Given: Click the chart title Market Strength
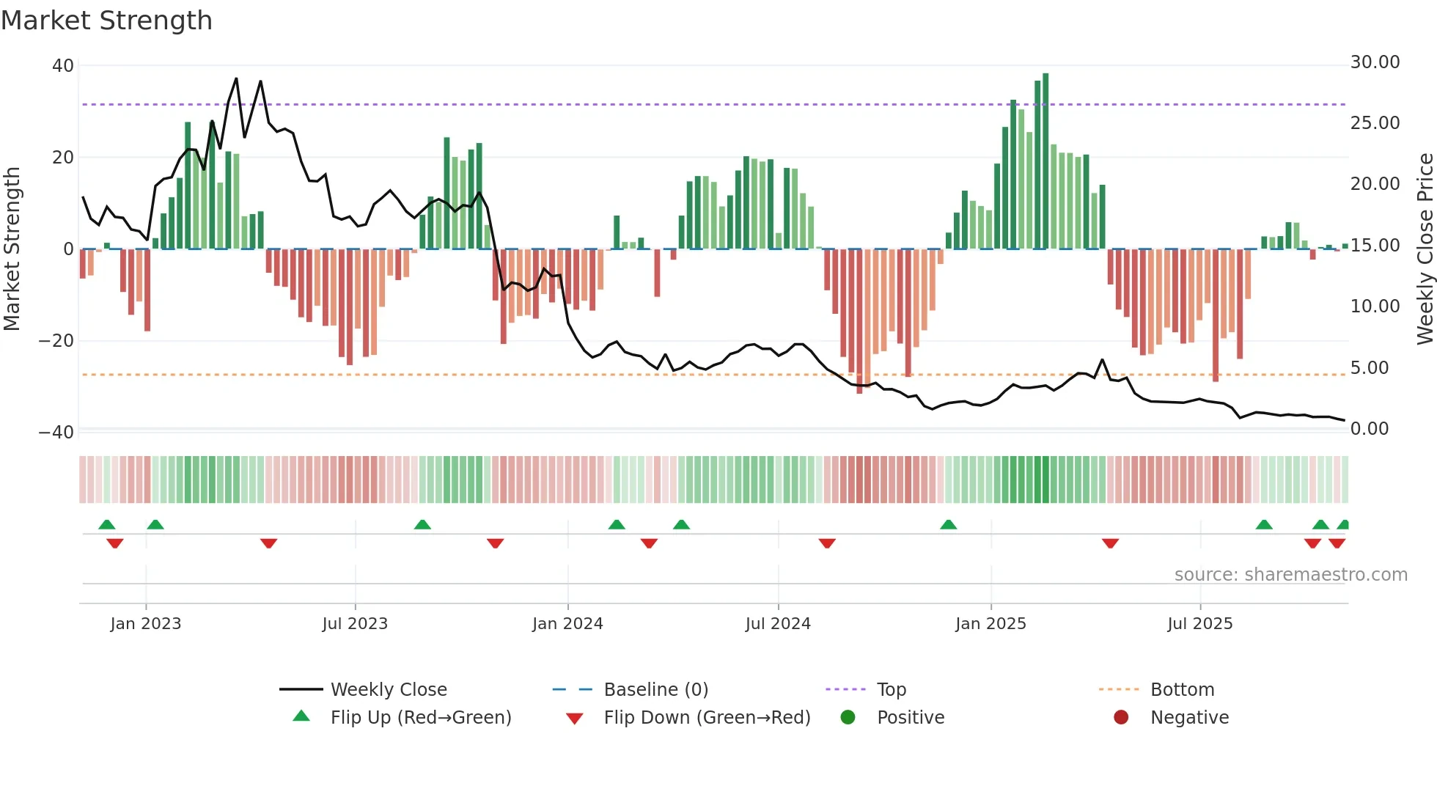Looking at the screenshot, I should [106, 21].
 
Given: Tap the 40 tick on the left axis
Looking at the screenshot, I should [63, 66].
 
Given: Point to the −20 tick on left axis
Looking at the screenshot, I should [56, 341].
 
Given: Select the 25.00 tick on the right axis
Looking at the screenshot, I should [1375, 123].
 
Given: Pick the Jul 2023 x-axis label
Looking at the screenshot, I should [355, 624].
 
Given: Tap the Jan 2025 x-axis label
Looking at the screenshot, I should [991, 624].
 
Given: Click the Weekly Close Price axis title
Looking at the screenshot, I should [1425, 249].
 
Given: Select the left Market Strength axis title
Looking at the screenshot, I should [12, 249].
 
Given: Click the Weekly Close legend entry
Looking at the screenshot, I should [388, 690].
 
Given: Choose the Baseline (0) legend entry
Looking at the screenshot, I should [655, 690].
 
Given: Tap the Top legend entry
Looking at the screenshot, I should [891, 690].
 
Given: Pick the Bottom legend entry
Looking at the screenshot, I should [1182, 690].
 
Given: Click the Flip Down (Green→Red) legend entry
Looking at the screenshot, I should [707, 718].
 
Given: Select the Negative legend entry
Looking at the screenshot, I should [1189, 718].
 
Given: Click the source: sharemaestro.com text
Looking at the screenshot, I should [1290, 575].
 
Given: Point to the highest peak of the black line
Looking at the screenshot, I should [236, 78].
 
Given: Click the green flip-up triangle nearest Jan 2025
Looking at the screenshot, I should [948, 524].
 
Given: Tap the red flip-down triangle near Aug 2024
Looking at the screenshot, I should [827, 543].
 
